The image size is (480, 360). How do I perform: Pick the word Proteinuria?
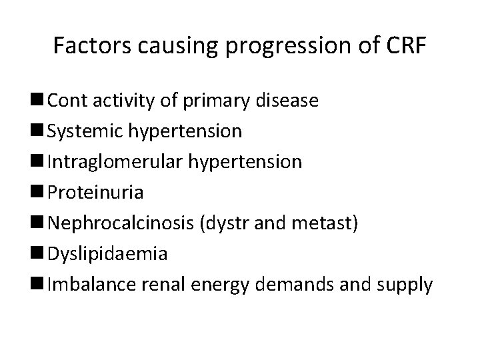(x=95, y=193)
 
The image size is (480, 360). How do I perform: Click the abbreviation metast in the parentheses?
(x=331, y=224)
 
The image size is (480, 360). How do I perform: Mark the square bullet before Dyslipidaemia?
(x=41, y=255)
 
